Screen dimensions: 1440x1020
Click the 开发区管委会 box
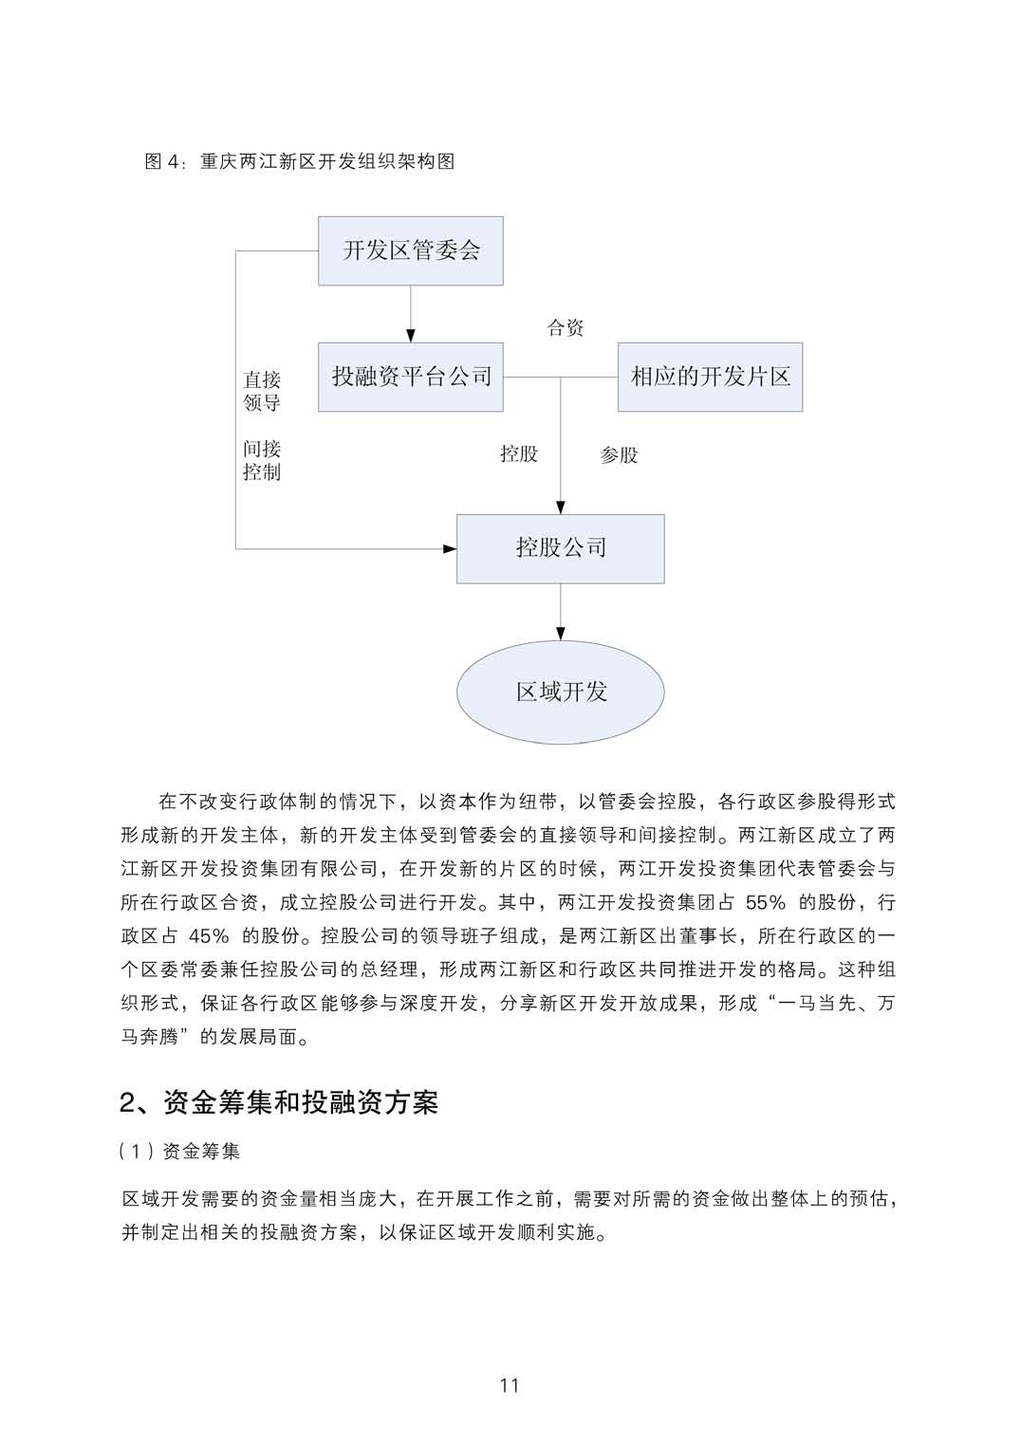410,250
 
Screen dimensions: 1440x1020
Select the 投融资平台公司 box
410,377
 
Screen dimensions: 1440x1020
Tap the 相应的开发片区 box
710,377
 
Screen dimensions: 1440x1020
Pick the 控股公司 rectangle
560,548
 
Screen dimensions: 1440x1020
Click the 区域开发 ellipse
560,692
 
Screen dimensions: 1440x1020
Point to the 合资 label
566,328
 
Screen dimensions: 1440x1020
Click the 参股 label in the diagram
619,455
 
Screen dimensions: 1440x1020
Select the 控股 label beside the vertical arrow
519,454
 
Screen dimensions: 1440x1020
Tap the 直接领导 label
262,391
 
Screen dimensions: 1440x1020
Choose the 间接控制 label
262,460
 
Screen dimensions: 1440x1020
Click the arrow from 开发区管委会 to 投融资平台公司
410,314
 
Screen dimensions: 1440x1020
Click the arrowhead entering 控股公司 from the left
450,548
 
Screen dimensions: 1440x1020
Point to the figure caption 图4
299,161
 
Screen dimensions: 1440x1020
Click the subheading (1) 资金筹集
180,1152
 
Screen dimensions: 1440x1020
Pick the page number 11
510,1385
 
